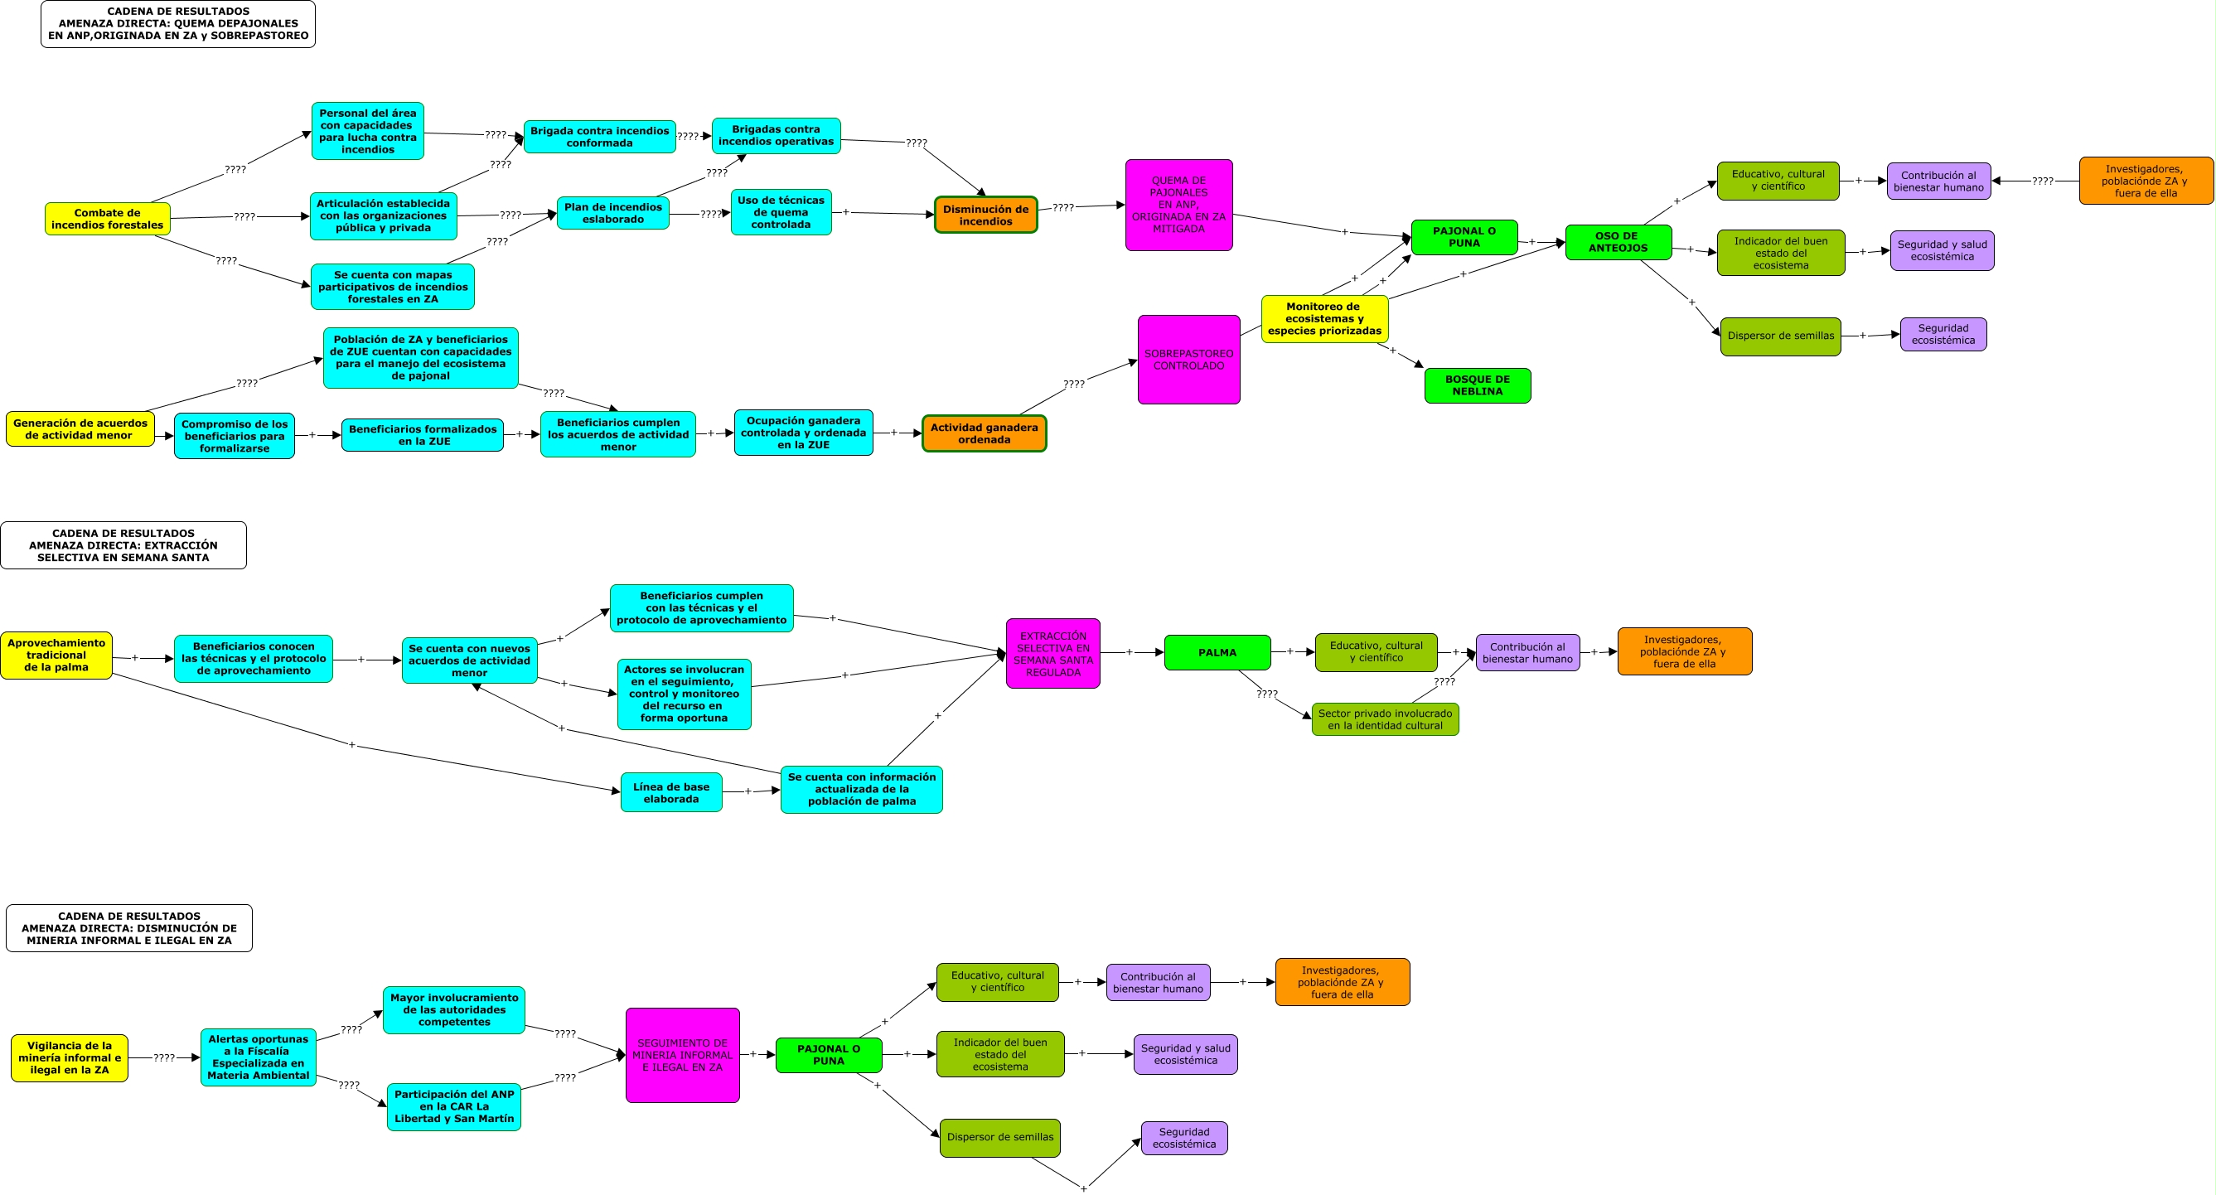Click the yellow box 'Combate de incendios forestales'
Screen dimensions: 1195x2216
108,219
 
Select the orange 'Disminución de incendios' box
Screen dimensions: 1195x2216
986,215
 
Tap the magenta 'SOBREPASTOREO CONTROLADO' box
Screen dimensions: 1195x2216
1188,360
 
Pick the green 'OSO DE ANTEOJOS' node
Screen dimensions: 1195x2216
1618,242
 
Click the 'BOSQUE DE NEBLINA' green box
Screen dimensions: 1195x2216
1477,385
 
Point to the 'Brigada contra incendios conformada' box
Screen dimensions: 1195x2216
600,137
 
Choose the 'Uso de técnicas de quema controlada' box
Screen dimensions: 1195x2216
781,212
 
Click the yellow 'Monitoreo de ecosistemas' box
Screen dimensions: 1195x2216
1324,319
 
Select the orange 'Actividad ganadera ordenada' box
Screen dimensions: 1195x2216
985,433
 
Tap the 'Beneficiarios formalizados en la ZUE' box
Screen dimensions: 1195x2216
423,435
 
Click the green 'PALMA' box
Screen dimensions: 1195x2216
1217,653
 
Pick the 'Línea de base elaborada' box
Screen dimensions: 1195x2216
671,792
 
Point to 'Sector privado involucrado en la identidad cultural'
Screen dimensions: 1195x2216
1385,719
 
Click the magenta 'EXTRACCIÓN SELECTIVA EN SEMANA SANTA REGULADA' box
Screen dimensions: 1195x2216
1053,654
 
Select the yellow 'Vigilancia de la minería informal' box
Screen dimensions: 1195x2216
70,1058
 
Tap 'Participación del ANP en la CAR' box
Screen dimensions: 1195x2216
454,1106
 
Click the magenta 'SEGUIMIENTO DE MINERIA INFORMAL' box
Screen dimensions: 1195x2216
682,1056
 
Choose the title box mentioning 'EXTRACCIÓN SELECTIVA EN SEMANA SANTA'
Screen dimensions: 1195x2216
123,545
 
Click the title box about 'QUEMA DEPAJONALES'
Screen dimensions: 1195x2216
178,24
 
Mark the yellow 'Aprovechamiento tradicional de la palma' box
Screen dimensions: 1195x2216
56,656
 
